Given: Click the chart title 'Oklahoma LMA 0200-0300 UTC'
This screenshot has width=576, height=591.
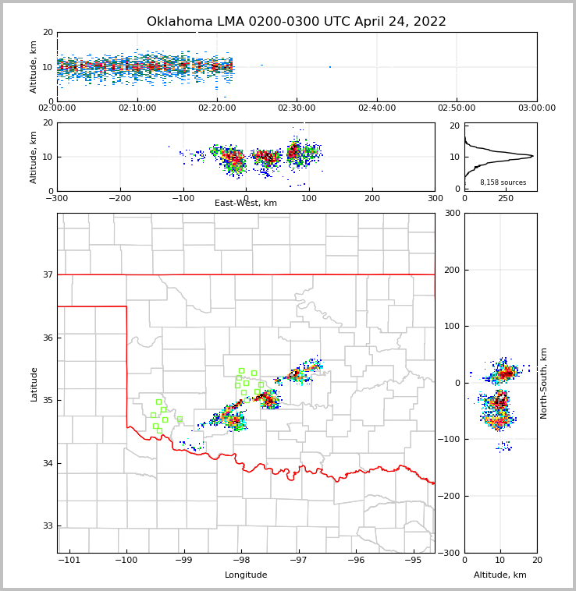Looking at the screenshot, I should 296,22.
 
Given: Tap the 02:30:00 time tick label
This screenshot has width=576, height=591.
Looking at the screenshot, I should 297,108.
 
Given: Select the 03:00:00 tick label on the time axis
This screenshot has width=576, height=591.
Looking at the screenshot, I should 536,108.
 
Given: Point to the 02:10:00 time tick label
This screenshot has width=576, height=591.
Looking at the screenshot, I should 137,108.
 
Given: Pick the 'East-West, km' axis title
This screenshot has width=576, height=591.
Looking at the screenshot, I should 246,203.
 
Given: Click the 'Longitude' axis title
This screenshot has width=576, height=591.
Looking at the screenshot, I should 246,575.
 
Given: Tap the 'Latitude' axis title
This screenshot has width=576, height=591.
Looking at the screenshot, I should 34,384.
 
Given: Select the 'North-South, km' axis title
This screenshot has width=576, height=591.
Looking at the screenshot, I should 545,383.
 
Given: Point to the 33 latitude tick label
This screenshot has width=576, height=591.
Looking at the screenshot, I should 48,526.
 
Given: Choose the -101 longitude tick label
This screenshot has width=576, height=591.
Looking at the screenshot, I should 69,560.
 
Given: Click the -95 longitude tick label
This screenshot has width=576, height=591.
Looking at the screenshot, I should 413,560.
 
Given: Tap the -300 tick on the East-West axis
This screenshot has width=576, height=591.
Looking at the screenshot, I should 57,198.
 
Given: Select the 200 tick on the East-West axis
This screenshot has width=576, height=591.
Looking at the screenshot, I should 372,198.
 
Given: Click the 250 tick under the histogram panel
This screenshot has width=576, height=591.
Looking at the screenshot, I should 506,198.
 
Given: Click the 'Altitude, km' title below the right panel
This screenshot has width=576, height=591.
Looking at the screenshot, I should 500,575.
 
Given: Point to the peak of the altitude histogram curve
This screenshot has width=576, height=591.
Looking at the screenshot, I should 533,156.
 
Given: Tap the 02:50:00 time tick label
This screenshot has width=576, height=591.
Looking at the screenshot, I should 457,108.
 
